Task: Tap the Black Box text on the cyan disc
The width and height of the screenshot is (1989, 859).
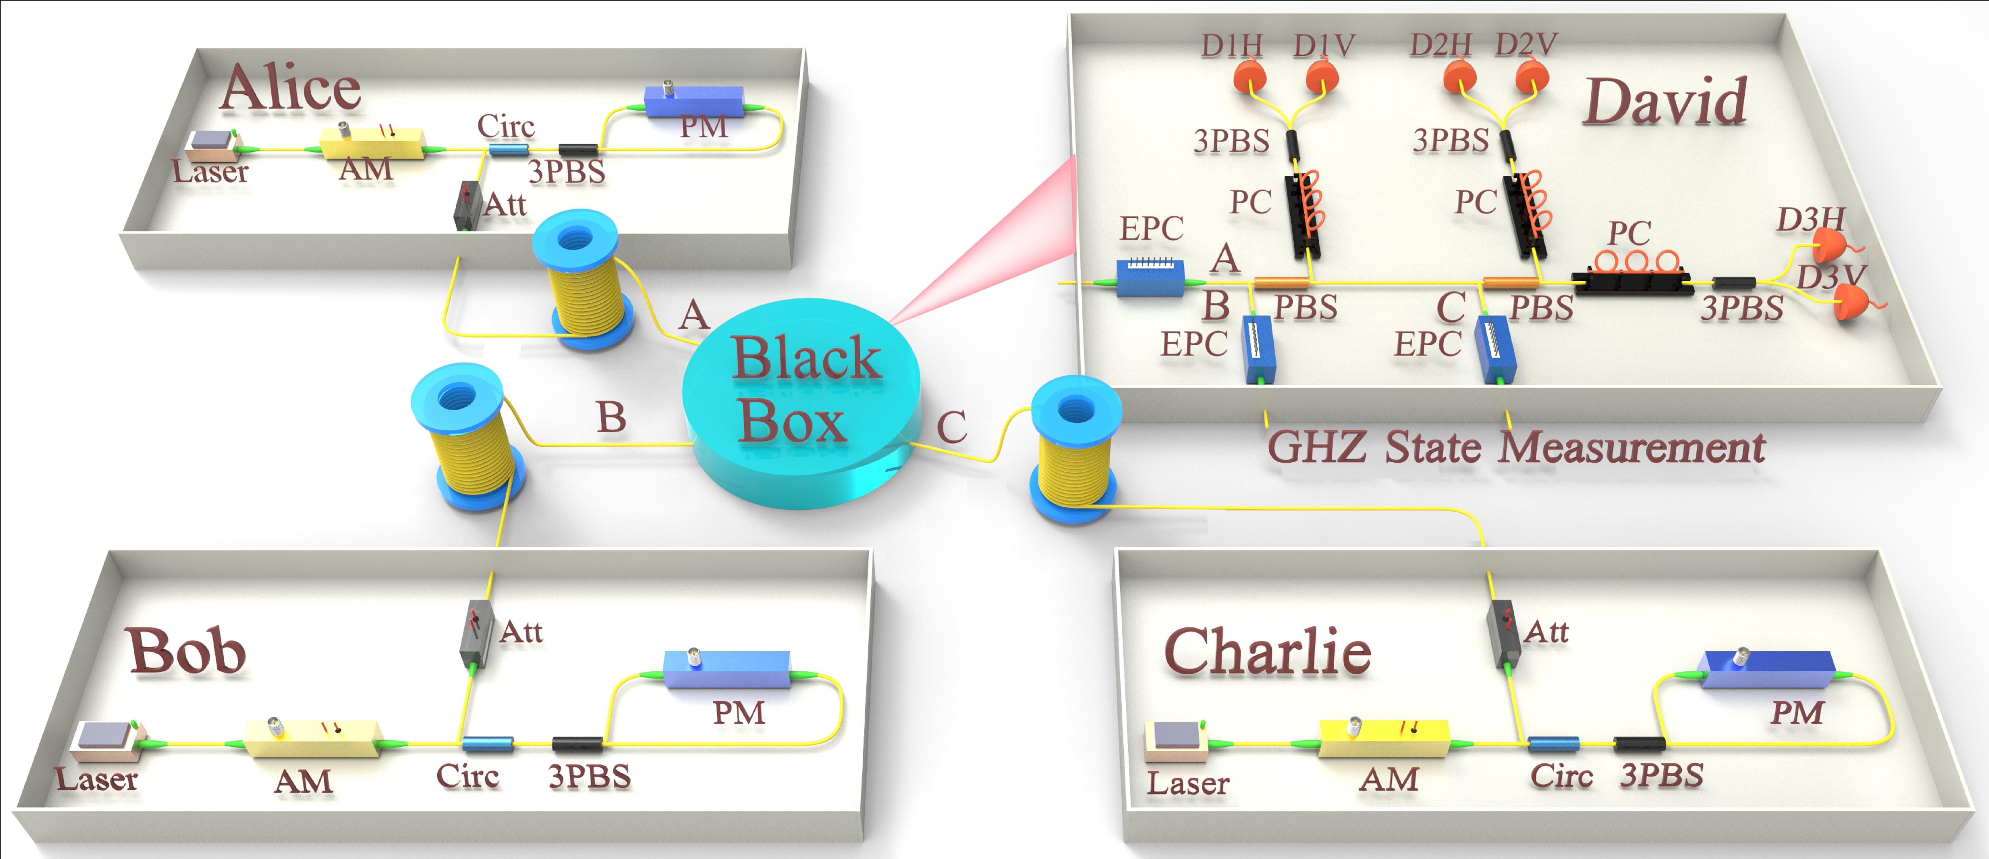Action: [803, 390]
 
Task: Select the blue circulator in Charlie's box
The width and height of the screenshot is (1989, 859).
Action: [1553, 744]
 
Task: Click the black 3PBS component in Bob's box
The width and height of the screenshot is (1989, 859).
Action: [577, 744]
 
